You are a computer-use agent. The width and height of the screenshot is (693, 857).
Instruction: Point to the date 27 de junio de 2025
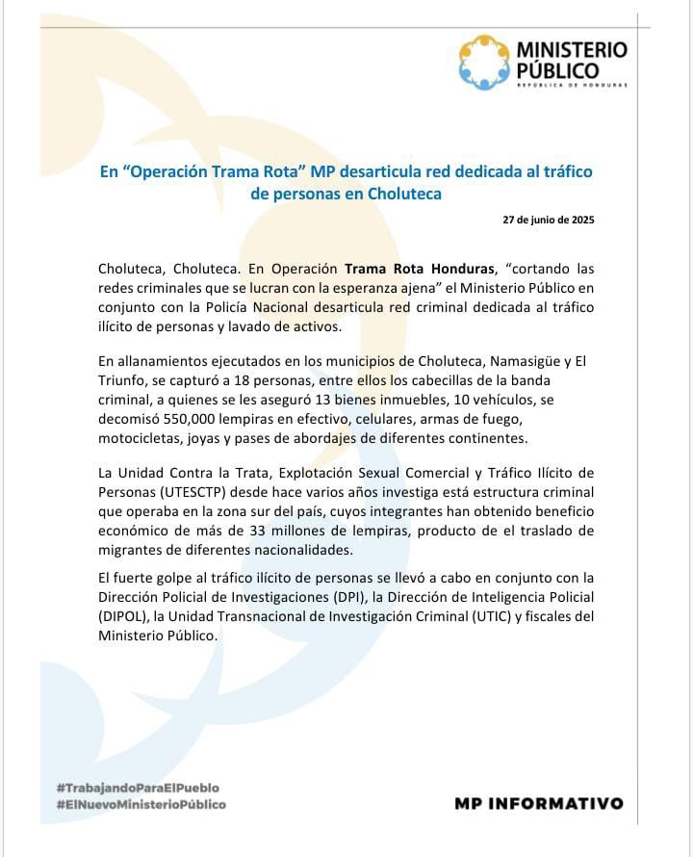click(549, 220)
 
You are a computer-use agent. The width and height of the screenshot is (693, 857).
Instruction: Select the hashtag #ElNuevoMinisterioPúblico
click(141, 804)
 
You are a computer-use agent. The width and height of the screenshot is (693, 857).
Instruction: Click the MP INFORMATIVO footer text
click(538, 802)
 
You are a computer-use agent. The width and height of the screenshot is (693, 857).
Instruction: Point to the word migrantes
click(135, 550)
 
